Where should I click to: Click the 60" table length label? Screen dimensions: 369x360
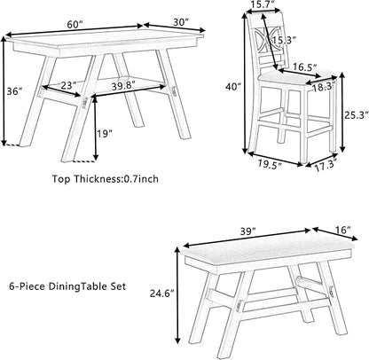pos(74,25)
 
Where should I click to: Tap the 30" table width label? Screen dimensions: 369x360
pos(181,22)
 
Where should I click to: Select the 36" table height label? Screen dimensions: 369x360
pos(14,91)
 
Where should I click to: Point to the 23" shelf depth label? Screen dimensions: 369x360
pos(68,85)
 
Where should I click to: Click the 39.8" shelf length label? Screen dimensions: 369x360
pos(123,86)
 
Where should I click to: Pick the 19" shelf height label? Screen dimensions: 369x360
pos(105,133)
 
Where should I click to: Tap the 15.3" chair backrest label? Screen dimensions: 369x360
pos(284,40)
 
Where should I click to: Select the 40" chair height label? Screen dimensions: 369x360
pos(233,87)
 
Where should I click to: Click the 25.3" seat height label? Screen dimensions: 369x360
pos(357,114)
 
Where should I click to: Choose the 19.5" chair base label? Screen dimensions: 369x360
pos(270,165)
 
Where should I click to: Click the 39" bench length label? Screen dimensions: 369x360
pos(247,231)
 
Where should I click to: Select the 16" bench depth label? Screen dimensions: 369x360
pos(343,230)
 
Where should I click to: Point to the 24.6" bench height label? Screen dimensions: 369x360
pos(161,293)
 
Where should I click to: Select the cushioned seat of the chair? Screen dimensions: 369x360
pos(295,78)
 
